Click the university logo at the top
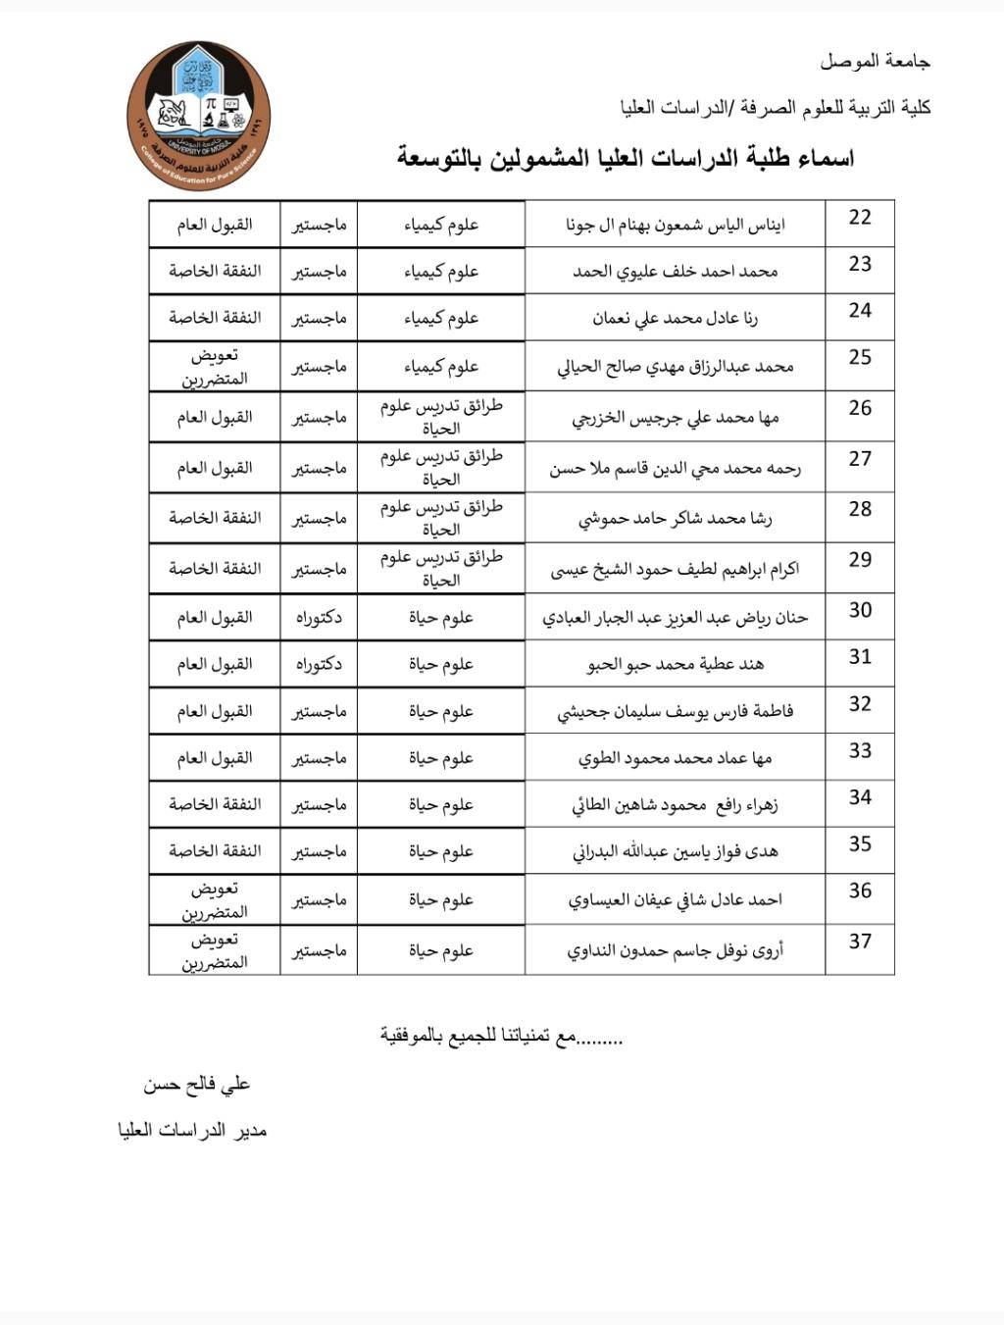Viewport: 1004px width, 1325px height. tap(198, 116)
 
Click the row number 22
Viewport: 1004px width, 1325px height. tap(860, 218)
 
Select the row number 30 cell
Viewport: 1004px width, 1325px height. tap(860, 610)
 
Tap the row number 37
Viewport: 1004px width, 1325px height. tap(860, 942)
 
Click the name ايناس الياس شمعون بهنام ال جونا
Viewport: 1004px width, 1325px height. tap(675, 226)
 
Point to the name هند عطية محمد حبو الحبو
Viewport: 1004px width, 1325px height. tap(675, 665)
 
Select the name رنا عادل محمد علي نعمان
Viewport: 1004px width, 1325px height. tap(675, 319)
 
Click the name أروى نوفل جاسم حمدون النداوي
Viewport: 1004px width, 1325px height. tap(675, 950)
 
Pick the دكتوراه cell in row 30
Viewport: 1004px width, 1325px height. tap(319, 618)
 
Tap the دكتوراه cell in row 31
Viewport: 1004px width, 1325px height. tap(319, 665)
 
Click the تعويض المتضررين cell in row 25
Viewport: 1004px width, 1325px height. tap(215, 367)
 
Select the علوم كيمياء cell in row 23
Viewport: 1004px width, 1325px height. tap(441, 272)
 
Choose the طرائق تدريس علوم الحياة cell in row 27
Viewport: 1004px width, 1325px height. tap(441, 468)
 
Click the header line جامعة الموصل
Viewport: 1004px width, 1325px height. tap(875, 62)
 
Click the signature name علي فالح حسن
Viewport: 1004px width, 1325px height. tap(196, 1085)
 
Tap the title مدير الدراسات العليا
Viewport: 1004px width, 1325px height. tap(192, 1131)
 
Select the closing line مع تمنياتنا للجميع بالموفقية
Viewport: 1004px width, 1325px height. tap(501, 1037)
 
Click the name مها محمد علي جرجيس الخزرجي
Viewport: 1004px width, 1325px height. tap(675, 418)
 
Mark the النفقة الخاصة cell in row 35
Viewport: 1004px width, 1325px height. tap(215, 851)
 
